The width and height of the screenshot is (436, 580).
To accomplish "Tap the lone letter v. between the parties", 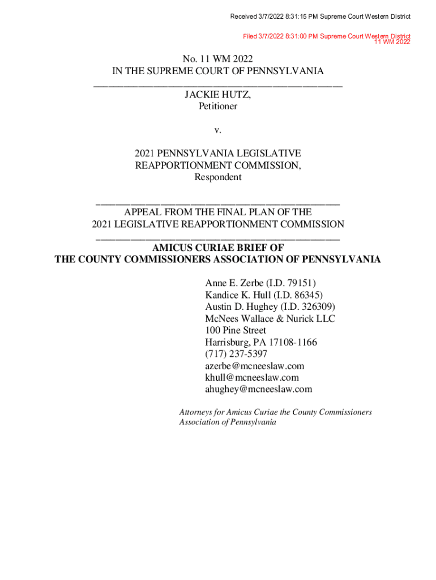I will (x=218, y=130).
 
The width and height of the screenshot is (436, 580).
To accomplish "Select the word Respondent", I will (x=218, y=177).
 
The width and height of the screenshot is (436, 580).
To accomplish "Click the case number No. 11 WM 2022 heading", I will (x=218, y=59).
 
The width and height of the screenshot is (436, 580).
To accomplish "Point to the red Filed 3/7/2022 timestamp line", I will (x=327, y=36).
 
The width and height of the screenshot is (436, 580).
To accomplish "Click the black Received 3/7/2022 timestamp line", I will (x=320, y=16).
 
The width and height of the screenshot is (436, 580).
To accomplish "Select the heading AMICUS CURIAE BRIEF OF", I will (x=218, y=248).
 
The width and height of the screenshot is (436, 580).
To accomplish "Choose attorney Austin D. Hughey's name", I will (x=241, y=307).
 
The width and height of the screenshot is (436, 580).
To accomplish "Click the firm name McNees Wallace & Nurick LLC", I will (x=270, y=319).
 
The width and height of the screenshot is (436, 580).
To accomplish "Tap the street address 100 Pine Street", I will (x=236, y=330).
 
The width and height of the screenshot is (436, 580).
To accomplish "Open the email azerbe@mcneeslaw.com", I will (x=255, y=366).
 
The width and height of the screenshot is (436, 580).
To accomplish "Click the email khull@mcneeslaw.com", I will (x=252, y=377).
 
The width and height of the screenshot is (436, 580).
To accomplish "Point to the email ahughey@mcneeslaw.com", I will (x=259, y=389).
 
